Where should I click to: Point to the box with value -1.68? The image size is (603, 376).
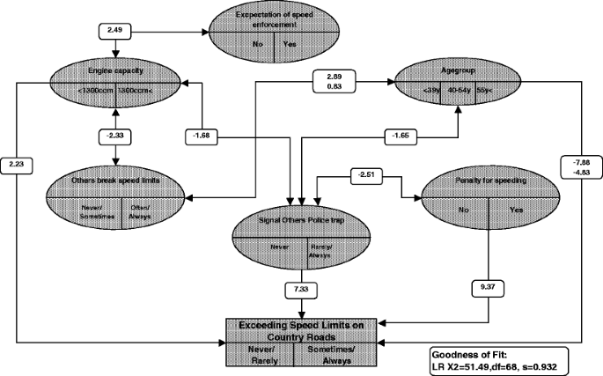point(202,136)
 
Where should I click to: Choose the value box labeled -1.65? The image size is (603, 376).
point(398,136)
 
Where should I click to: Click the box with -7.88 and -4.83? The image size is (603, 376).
point(581,168)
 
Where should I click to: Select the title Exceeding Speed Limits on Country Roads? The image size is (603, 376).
point(304,329)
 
